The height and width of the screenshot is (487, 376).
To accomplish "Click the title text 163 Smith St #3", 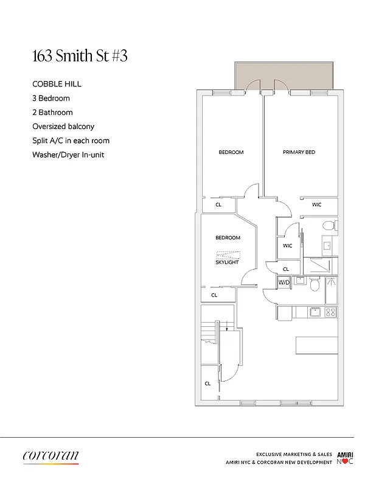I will pyautogui.click(x=80, y=57).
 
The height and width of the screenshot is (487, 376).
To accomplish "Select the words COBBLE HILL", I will pyautogui.click(x=57, y=84).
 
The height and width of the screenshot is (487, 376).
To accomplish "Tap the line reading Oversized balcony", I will pyautogui.click(x=63, y=127).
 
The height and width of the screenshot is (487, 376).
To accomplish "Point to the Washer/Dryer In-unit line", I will pyautogui.click(x=68, y=155).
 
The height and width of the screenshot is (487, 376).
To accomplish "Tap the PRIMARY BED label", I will pyautogui.click(x=299, y=152).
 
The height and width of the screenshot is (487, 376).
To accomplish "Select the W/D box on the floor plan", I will pyautogui.click(x=284, y=282).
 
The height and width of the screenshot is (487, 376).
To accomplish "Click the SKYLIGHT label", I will pyautogui.click(x=227, y=262).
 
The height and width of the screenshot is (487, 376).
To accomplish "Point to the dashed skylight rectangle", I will pyautogui.click(x=227, y=255).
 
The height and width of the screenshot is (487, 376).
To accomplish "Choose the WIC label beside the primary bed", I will pyautogui.click(x=316, y=205).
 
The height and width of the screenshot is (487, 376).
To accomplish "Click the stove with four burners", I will pyautogui.click(x=331, y=312).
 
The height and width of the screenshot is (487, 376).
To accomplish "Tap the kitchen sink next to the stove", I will pyautogui.click(x=315, y=312).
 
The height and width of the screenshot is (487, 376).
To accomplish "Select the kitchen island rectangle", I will pyautogui.click(x=316, y=345).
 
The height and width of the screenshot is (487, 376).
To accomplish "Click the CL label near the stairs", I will pyautogui.click(x=207, y=384).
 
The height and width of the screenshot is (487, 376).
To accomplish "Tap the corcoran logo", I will pyautogui.click(x=50, y=456).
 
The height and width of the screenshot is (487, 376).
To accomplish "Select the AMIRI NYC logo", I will pyautogui.click(x=345, y=458).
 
